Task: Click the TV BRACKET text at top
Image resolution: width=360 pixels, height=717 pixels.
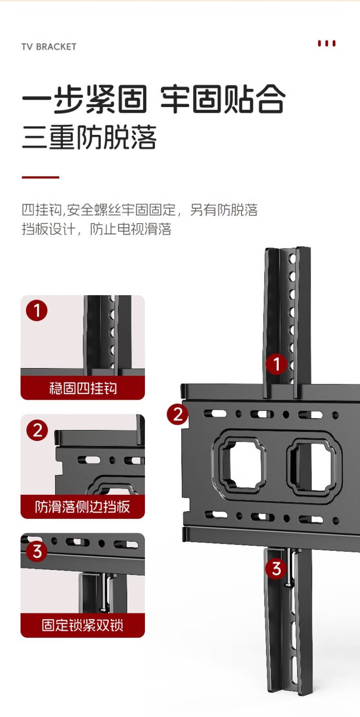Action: pos(49,47)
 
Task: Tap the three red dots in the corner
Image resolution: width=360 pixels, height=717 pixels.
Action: pos(326,43)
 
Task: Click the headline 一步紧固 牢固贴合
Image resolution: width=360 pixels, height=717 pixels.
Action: pos(154,99)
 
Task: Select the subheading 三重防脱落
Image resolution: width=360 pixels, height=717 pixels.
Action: pos(89,137)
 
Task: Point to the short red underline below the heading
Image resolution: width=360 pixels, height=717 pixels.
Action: pos(40,177)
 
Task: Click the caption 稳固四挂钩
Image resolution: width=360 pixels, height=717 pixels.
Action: pos(83,388)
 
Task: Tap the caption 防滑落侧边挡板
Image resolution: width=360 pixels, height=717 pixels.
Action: pos(83,507)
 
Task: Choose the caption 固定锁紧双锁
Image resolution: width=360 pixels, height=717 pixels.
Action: pos(83,625)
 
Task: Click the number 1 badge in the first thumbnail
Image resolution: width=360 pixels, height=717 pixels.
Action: pos(37,311)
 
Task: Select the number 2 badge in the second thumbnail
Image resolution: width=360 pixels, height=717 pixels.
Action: pos(37,430)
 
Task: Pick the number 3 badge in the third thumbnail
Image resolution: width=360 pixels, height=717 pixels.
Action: pos(37,551)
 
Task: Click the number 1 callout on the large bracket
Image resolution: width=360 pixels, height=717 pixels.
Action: pos(276,364)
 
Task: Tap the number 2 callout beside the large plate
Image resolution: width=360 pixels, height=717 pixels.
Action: pos(178,414)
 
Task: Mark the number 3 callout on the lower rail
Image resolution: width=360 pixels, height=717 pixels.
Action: pos(276,569)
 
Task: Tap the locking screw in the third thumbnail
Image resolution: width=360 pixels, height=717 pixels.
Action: pos(103,592)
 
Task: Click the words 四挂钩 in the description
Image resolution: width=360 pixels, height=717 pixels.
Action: pos(41,210)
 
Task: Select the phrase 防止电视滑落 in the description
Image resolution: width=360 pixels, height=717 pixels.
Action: pos(131,229)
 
